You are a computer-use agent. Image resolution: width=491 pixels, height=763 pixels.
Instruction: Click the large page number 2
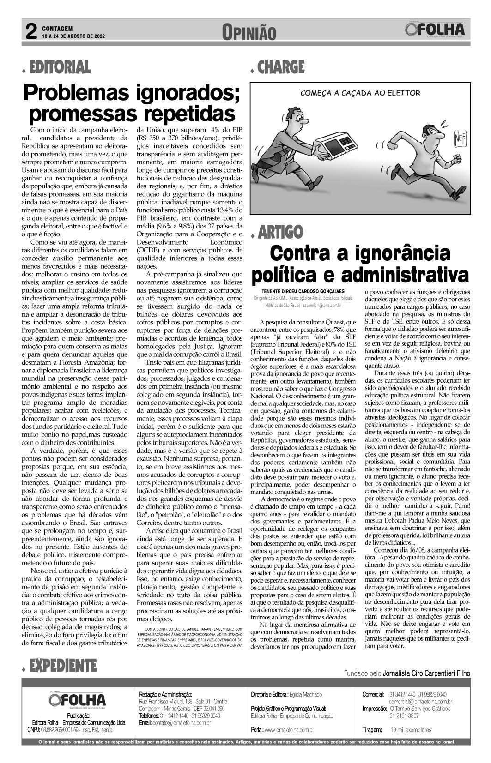click(30, 32)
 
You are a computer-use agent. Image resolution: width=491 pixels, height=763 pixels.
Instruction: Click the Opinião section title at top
click(249, 32)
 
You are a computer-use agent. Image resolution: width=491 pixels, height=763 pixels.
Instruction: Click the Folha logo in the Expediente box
click(78, 699)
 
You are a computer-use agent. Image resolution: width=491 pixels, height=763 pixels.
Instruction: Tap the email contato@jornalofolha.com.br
click(181, 722)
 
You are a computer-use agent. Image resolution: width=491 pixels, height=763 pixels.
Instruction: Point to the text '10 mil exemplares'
click(411, 730)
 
